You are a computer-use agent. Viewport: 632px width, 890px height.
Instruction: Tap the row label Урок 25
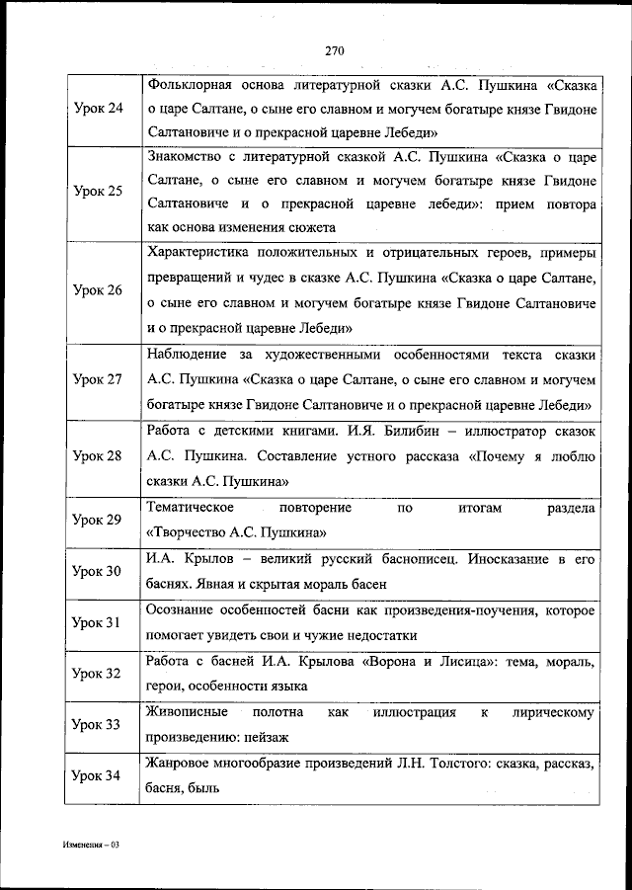click(x=99, y=191)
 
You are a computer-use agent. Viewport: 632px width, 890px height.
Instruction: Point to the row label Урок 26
click(x=99, y=290)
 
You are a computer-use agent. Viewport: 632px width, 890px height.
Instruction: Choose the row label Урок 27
click(x=99, y=379)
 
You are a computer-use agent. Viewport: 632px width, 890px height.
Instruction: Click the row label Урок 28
click(x=99, y=455)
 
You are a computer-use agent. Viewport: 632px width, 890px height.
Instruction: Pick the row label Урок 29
click(x=99, y=519)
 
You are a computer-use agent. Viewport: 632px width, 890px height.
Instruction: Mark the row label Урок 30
click(x=99, y=571)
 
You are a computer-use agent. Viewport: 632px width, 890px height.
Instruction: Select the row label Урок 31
click(x=99, y=622)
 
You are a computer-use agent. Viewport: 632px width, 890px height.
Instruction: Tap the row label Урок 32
click(x=99, y=674)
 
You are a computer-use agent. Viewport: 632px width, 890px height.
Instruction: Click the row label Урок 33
click(x=99, y=724)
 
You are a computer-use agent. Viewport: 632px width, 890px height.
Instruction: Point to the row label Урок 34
click(x=99, y=775)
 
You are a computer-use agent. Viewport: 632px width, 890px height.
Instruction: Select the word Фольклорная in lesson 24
click(x=187, y=81)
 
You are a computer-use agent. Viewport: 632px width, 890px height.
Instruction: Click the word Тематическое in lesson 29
click(x=190, y=507)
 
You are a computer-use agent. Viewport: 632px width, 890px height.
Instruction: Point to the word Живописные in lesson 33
click(x=187, y=712)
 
